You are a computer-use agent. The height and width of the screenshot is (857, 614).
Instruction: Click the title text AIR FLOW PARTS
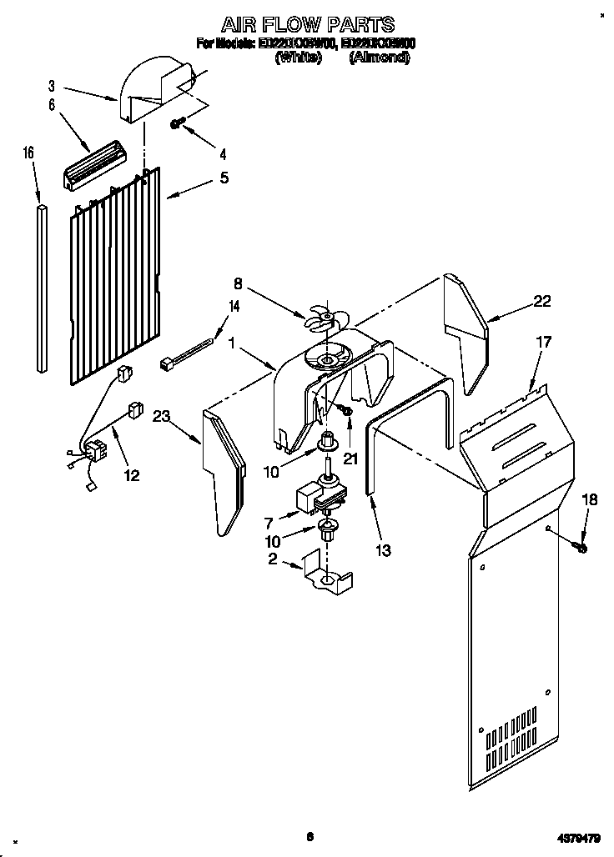pyautogui.click(x=307, y=24)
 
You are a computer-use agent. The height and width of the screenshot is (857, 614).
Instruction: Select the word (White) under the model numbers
pyautogui.click(x=298, y=58)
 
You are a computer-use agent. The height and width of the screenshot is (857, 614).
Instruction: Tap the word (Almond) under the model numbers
pyautogui.click(x=380, y=58)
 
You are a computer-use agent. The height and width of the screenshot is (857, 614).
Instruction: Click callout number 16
pyautogui.click(x=28, y=153)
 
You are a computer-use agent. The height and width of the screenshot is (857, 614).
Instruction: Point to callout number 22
pyautogui.click(x=541, y=302)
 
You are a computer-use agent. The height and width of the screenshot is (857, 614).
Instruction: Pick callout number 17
pyautogui.click(x=543, y=341)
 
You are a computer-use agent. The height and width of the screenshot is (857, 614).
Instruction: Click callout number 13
pyautogui.click(x=384, y=549)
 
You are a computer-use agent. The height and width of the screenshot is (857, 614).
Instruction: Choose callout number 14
pyautogui.click(x=234, y=306)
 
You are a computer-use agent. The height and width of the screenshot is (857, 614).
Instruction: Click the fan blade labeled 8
pyautogui.click(x=321, y=319)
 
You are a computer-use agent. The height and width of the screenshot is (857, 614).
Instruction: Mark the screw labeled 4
pyautogui.click(x=178, y=123)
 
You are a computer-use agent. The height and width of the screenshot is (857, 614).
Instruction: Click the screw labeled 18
pyautogui.click(x=581, y=548)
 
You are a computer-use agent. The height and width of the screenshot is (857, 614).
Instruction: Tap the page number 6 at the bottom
pyautogui.click(x=309, y=837)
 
